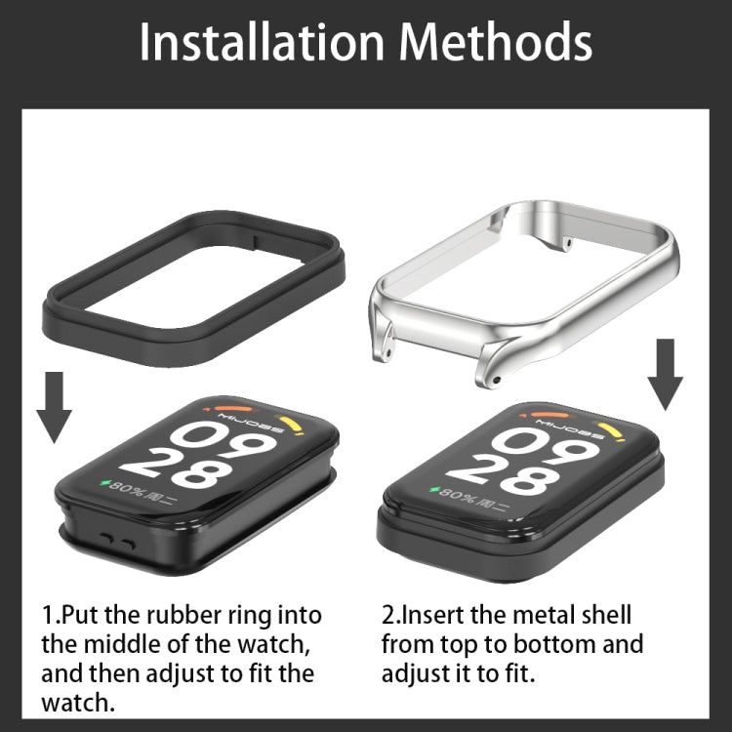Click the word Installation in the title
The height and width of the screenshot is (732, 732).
262,42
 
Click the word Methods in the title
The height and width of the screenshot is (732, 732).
495,42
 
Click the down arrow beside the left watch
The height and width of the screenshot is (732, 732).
54,407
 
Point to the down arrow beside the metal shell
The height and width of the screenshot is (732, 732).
666,375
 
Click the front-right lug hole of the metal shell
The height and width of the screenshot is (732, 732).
496,380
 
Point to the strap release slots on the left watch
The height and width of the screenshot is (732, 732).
117,542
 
